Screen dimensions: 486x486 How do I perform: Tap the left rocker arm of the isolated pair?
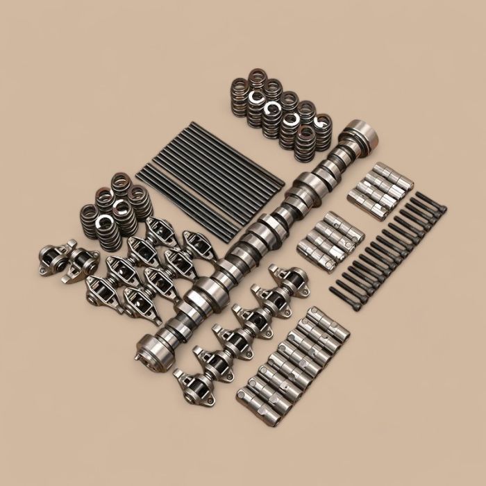(x=55, y=256)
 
